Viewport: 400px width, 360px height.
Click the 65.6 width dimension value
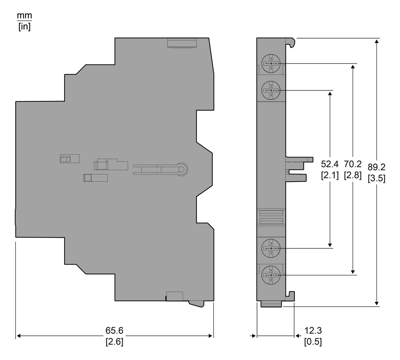tap(114, 330)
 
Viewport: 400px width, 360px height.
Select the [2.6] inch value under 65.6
tap(114, 342)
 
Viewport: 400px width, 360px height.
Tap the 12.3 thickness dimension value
tap(313, 330)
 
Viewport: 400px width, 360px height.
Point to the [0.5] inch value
tap(313, 342)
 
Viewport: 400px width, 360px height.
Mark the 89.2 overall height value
tap(376, 167)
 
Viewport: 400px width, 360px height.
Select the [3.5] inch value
tap(376, 178)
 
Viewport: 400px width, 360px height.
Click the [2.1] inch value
tap(330, 175)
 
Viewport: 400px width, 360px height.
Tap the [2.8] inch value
tap(353, 175)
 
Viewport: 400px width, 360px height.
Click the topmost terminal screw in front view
tap(271, 63)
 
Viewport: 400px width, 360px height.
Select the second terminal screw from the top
tap(271, 90)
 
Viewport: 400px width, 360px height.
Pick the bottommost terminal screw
tap(271, 275)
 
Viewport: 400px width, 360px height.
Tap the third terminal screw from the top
tap(271, 248)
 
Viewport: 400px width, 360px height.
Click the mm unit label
tap(24, 16)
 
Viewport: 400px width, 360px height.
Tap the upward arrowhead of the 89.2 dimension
tap(376, 41)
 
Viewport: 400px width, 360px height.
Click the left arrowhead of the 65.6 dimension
tap(18, 336)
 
